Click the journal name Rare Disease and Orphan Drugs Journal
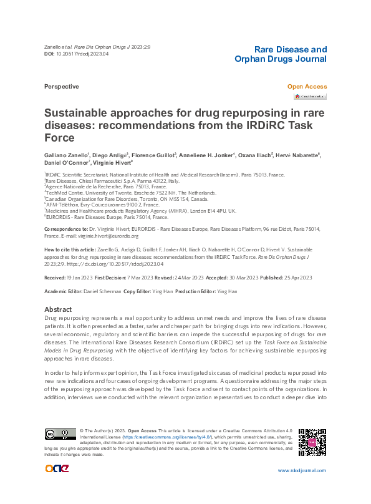[280, 54]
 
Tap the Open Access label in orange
[306, 87]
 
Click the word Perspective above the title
[61, 87]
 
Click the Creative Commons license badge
[60, 434]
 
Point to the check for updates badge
[310, 97]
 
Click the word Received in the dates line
[55, 277]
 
